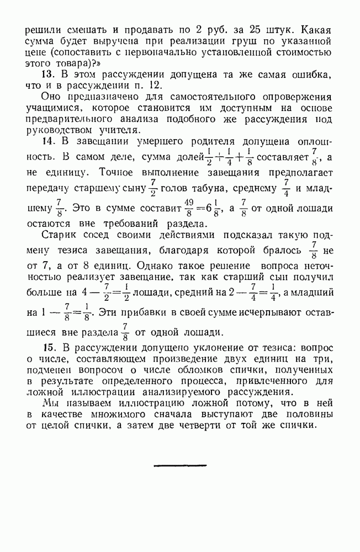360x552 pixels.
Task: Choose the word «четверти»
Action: [x=193, y=425]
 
